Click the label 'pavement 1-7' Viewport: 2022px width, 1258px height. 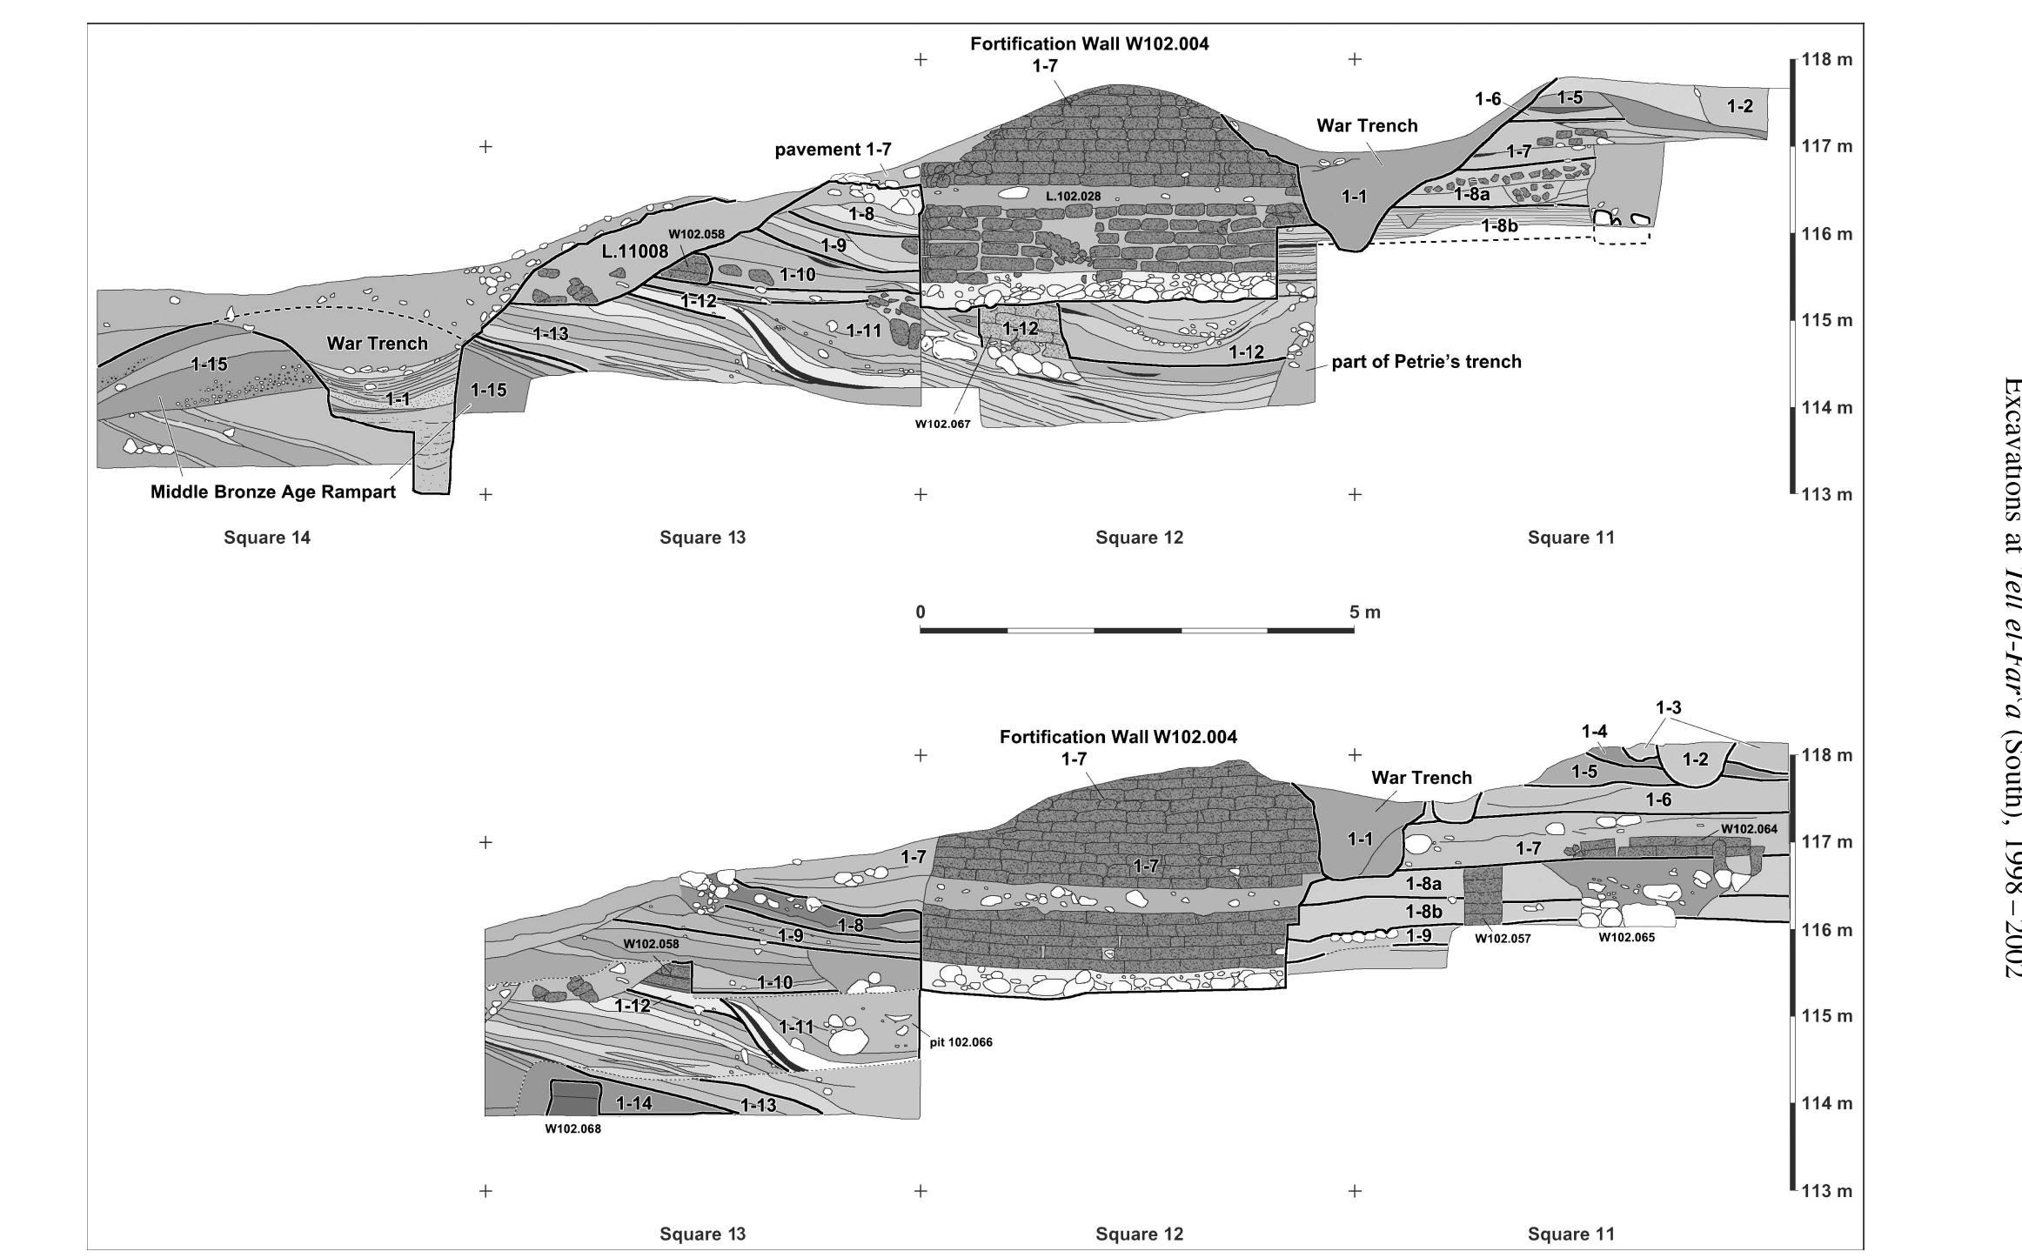[833, 150]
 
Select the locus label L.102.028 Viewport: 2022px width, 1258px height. [1073, 197]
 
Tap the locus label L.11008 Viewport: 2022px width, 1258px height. [634, 252]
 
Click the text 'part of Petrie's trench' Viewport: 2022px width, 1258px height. [1426, 362]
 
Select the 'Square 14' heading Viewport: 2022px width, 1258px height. [267, 538]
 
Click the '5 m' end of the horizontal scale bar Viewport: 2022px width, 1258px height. [1365, 588]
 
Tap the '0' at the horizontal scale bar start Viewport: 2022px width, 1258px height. [921, 588]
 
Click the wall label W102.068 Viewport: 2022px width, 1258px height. [572, 1130]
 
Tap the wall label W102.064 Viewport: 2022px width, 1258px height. [1749, 829]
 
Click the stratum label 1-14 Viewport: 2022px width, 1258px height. [634, 1104]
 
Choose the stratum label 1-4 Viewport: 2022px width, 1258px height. [1594, 733]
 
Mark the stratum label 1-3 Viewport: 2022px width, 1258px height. [1668, 709]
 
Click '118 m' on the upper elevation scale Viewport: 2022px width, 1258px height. [1827, 60]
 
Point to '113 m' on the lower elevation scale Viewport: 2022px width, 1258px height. [1827, 1191]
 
